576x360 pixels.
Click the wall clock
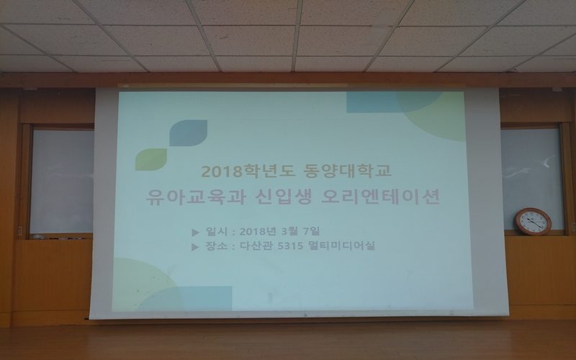click(533, 221)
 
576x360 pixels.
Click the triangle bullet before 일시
click(197, 232)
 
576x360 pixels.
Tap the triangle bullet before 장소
click(197, 247)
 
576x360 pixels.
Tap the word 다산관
click(253, 247)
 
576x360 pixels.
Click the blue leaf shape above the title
click(188, 132)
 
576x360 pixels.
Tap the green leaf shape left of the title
click(151, 158)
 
